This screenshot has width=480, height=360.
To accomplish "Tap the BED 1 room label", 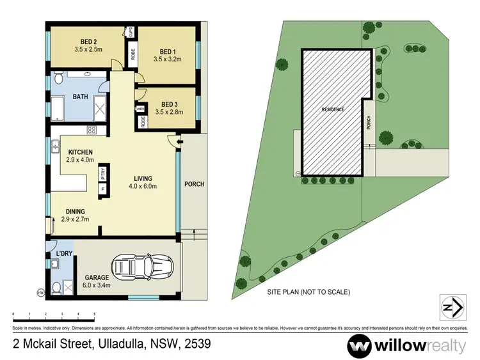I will coord(167,51).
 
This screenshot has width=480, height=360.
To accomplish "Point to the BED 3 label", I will coord(169,104).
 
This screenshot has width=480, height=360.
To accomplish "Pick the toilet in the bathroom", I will coord(58,79).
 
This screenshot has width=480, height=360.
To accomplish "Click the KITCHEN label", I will coord(81,152).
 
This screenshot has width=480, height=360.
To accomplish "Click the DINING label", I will coord(75,211).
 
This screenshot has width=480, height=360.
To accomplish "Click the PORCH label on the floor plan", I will coord(194,184).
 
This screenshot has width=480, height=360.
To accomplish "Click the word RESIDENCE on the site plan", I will coord(333,109).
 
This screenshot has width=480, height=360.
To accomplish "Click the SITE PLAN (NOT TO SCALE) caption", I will coord(308,292).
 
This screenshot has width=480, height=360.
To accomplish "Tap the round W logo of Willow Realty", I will coord(360,345).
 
